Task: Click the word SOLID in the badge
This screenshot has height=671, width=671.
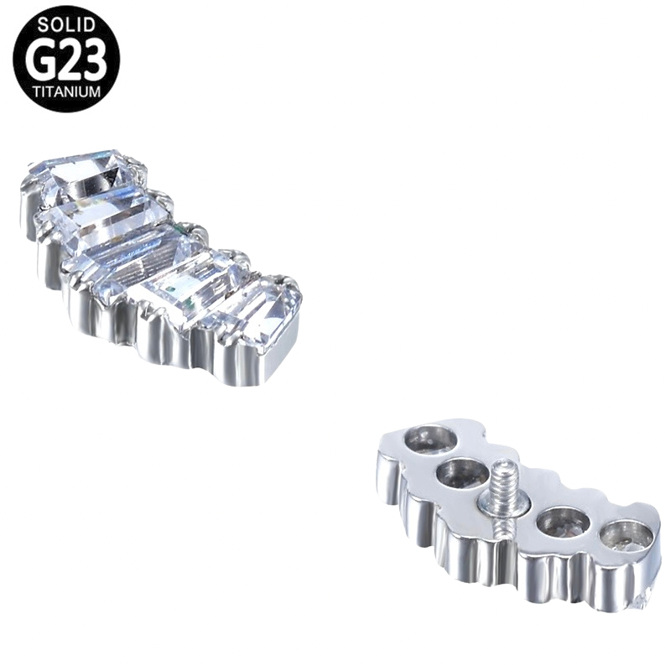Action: click(66, 25)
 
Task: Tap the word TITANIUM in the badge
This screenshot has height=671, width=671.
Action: click(66, 91)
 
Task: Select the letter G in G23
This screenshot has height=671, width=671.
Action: click(39, 59)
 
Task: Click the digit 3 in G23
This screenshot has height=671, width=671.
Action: click(93, 59)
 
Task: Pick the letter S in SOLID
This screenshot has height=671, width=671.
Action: click(43, 25)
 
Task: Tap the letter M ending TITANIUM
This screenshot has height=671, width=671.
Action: click(95, 91)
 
